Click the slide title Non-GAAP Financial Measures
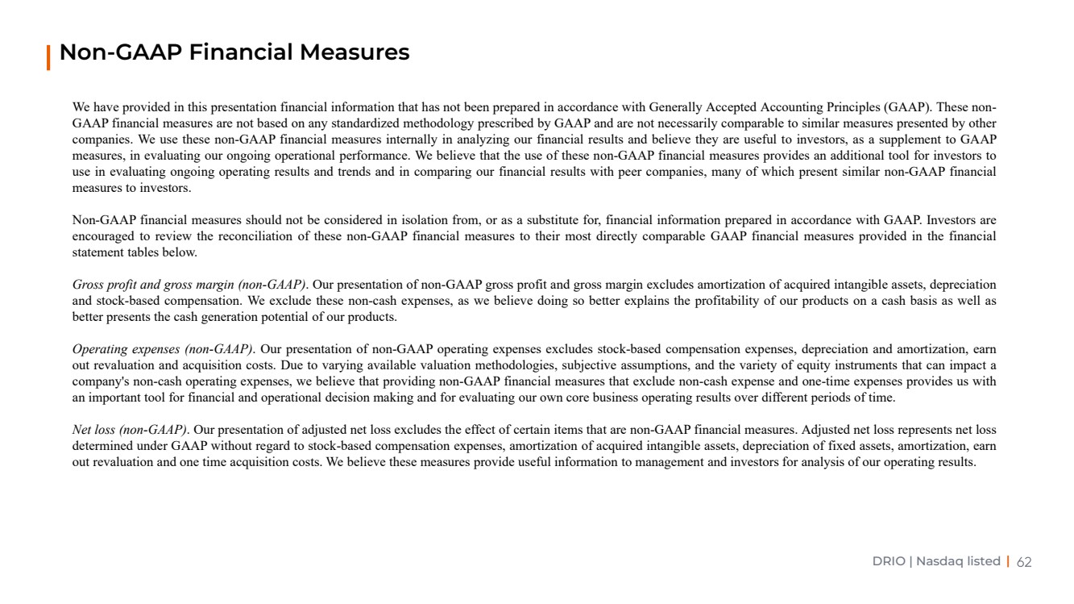pyautogui.click(x=234, y=53)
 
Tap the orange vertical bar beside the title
pyautogui.click(x=49, y=57)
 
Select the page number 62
pyautogui.click(x=1024, y=561)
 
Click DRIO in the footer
pyautogui.click(x=889, y=561)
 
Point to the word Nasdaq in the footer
pyautogui.click(x=939, y=561)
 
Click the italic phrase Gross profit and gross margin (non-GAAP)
pyautogui.click(x=189, y=285)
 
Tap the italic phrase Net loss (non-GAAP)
pyautogui.click(x=130, y=430)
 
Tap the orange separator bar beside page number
pyautogui.click(x=1008, y=561)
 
